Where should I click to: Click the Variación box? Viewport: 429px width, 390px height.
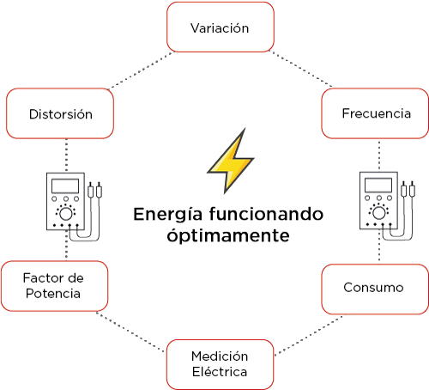[x=221, y=27]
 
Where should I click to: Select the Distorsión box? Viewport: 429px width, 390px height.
[x=60, y=113]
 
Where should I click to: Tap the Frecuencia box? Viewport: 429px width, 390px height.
[x=375, y=113]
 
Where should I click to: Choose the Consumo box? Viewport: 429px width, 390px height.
[x=375, y=289]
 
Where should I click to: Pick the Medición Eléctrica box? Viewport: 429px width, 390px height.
[x=221, y=364]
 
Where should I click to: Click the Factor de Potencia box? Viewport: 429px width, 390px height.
[x=55, y=286]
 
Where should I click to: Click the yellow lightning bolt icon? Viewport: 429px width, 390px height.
[x=231, y=161]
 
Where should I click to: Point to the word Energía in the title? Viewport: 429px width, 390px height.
[x=168, y=215]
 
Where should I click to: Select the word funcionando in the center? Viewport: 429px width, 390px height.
[x=266, y=214]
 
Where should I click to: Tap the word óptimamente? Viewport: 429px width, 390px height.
[x=228, y=236]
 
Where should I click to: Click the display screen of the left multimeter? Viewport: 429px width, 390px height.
[x=65, y=186]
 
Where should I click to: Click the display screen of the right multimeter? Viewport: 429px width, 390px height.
[x=378, y=185]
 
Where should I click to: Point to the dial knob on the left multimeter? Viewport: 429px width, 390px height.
[x=66, y=214]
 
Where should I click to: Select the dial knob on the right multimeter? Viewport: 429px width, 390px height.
[x=379, y=213]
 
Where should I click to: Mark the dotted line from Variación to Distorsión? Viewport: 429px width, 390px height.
[x=141, y=70]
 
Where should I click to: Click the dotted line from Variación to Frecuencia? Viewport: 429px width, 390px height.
[x=300, y=69]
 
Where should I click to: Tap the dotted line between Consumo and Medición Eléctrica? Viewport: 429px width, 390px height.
[x=310, y=335]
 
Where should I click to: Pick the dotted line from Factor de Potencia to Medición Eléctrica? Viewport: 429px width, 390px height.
[x=130, y=332]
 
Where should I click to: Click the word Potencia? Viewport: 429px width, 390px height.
[x=53, y=294]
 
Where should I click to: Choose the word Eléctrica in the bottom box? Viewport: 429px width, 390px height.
[x=220, y=372]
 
